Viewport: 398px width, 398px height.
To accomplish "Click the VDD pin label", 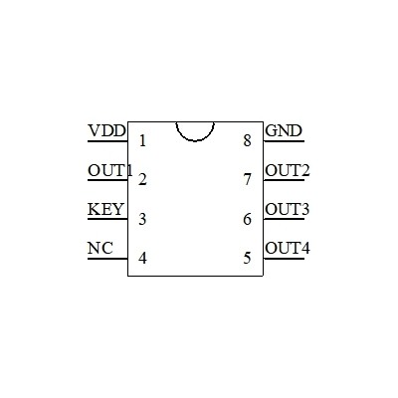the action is (107, 130).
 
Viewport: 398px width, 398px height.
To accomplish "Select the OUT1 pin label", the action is (110, 171).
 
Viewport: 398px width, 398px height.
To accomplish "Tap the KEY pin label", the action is (105, 209).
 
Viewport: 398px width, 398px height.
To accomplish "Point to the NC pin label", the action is (100, 248).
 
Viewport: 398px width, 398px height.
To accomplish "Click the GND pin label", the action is (284, 130).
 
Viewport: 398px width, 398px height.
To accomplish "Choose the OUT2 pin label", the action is (288, 171).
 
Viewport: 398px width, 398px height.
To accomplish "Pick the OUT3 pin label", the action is (288, 209).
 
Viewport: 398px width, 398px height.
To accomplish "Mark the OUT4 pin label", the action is (288, 248).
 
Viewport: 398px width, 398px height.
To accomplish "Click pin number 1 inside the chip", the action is (142, 140).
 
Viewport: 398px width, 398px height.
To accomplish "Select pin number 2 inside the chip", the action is (142, 180).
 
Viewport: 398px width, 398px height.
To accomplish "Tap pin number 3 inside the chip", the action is (142, 219).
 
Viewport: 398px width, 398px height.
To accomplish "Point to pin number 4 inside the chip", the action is (142, 258).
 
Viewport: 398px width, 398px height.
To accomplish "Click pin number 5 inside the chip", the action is (247, 258).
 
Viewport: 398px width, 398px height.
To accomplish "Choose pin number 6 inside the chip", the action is (247, 219).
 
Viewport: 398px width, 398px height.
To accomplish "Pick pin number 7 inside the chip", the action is (248, 180).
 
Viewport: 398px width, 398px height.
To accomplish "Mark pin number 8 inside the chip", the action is (247, 140).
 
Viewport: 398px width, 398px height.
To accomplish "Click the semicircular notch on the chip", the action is (195, 141).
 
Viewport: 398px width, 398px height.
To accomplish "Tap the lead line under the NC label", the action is (107, 259).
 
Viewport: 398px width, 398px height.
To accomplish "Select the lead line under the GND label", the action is (284, 141).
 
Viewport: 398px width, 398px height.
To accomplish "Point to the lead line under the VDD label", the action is (107, 141).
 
